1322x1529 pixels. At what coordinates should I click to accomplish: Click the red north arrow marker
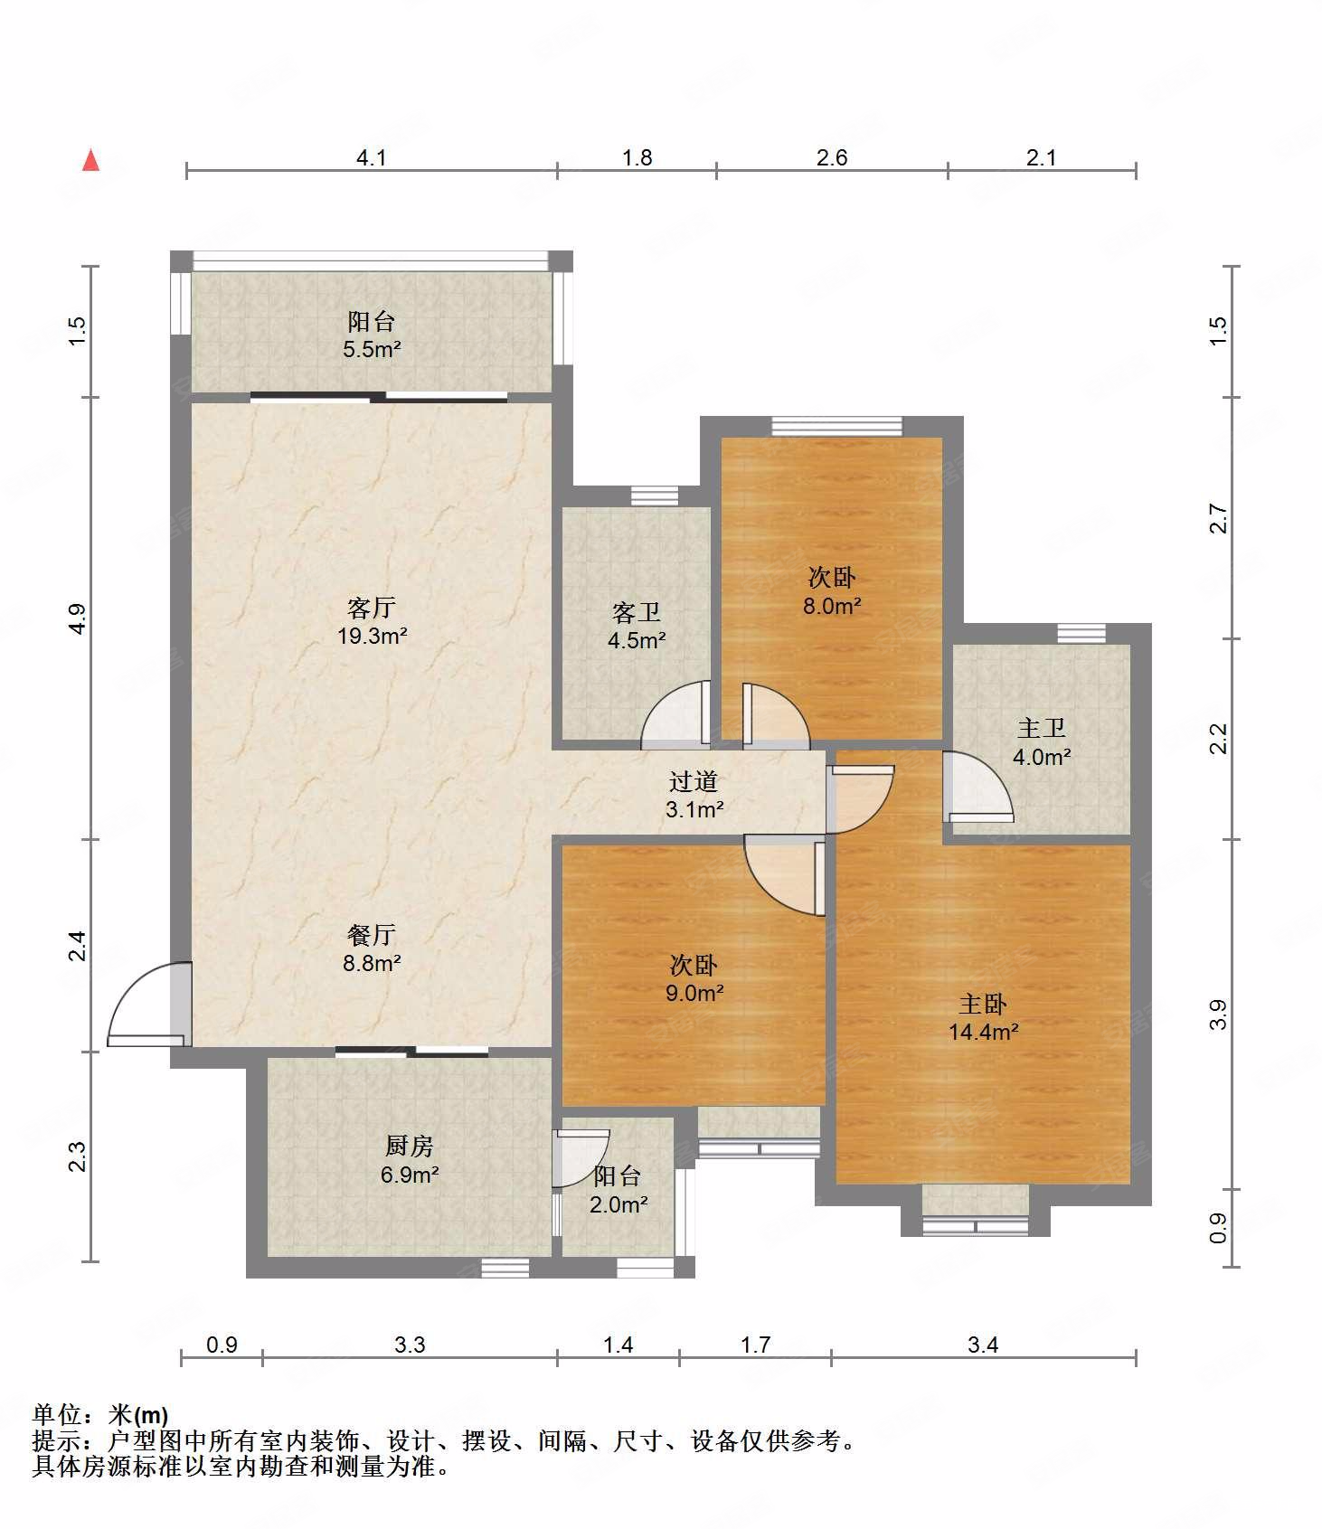[x=90, y=160]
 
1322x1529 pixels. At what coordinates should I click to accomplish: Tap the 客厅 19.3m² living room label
[x=372, y=621]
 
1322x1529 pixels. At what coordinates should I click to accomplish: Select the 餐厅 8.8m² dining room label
[x=372, y=949]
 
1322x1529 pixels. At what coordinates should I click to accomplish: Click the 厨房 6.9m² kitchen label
[x=410, y=1160]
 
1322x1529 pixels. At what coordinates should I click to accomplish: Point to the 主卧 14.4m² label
[x=984, y=1017]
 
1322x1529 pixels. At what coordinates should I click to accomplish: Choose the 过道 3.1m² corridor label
[x=694, y=795]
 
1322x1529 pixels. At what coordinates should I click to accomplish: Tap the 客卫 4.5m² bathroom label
[x=637, y=627]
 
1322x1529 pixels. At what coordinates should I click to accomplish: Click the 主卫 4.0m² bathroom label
[x=1042, y=742]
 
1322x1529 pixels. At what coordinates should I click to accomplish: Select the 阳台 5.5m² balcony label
[x=372, y=335]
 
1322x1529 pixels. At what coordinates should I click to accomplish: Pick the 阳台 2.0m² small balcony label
[x=619, y=1190]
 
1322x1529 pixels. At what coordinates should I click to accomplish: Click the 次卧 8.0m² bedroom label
[x=832, y=591]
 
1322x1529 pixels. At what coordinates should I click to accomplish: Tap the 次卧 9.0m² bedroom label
[x=694, y=978]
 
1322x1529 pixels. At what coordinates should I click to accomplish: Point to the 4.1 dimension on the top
[x=372, y=158]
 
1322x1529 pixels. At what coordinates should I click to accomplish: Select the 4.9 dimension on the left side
[x=78, y=618]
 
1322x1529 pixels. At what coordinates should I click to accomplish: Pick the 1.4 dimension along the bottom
[x=619, y=1345]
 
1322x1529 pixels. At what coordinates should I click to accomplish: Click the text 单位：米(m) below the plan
[x=100, y=1415]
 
